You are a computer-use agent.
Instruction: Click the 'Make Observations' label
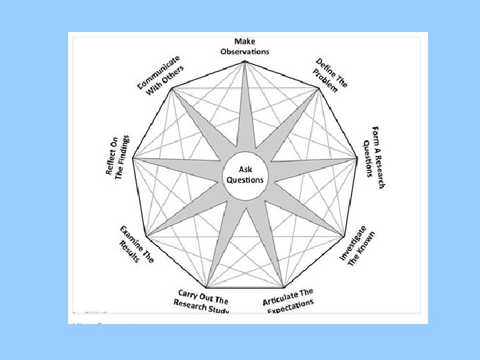coord(245,47)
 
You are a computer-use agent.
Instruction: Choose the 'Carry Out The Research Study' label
coord(203,301)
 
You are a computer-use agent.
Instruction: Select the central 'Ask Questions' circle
coord(245,175)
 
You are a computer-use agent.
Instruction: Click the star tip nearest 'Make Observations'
coord(245,61)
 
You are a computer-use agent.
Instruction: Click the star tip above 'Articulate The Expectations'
coord(284,285)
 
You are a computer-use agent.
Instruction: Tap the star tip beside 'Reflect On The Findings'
coord(133,159)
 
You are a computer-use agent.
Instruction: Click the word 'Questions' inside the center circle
coord(245,180)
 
